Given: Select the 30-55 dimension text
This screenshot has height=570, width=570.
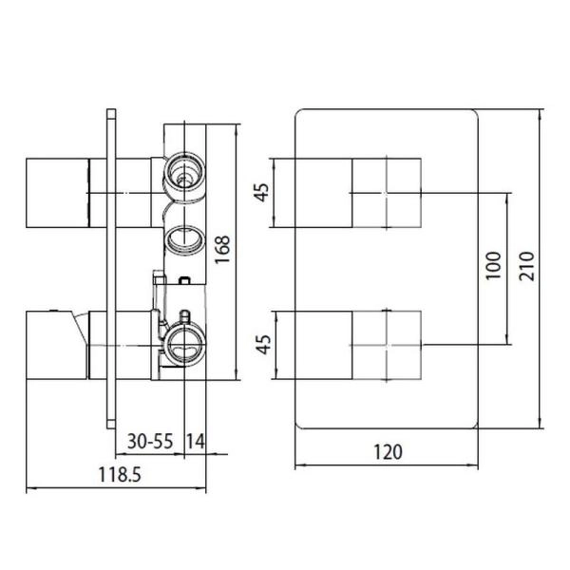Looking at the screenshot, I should [149, 441].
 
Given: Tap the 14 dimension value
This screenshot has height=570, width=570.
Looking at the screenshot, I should [194, 441].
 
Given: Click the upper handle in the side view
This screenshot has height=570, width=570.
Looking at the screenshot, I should [57, 194].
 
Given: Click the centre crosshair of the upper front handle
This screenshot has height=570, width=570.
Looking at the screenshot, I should [386, 194].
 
